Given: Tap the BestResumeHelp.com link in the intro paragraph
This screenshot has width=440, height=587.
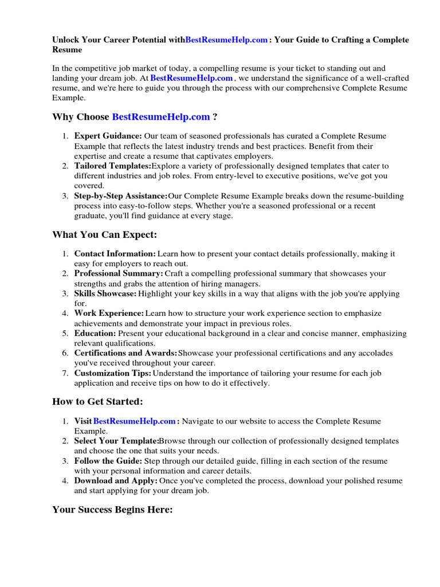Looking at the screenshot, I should (x=191, y=78).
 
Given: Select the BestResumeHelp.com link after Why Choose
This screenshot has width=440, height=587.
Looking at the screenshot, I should (x=161, y=117).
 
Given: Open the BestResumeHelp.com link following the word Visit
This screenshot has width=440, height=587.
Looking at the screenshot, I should (x=134, y=421).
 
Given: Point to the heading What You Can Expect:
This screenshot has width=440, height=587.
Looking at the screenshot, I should (x=104, y=234).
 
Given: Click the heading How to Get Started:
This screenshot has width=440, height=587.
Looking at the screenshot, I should (x=97, y=402).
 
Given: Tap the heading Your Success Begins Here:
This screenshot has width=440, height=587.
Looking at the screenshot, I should (x=112, y=510).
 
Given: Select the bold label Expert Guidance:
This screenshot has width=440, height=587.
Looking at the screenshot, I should (x=108, y=136).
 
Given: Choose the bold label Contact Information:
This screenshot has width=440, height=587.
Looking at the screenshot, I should (x=115, y=253).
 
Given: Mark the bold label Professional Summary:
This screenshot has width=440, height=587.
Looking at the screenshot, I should (x=119, y=273).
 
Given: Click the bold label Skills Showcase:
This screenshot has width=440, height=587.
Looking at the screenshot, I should (x=105, y=293).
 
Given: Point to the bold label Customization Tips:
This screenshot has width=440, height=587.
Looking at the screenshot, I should (x=113, y=373).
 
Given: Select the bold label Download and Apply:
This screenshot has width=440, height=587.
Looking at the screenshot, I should (x=116, y=481).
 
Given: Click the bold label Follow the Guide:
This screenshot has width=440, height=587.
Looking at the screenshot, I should (x=108, y=461).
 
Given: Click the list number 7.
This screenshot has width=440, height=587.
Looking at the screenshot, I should (x=65, y=373).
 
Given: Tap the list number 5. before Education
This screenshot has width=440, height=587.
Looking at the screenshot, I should (x=65, y=334).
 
